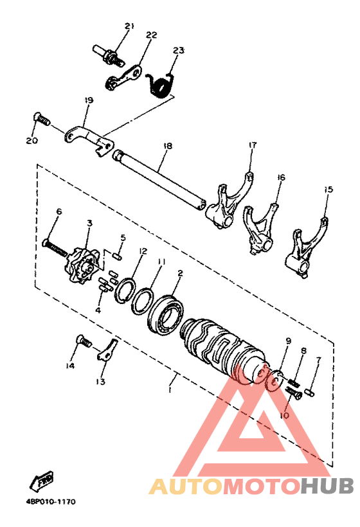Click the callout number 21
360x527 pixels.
pyautogui.click(x=129, y=26)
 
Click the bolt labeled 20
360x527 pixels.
pyautogui.click(x=42, y=120)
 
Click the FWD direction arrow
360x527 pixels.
pyautogui.click(x=44, y=479)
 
